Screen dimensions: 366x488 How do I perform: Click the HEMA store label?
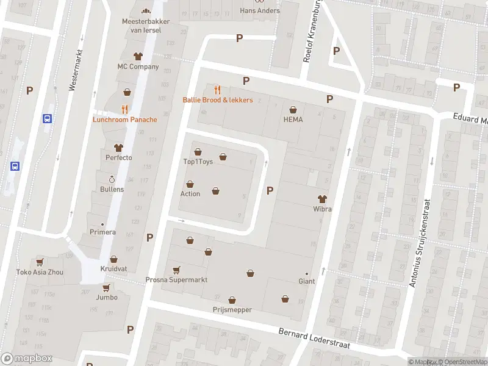(293, 120)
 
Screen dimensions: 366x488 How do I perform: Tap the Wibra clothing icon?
(322, 198)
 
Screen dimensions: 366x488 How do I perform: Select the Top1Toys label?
(198, 162)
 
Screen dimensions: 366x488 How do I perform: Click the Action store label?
(190, 194)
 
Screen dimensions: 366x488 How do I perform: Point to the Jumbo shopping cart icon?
(106, 288)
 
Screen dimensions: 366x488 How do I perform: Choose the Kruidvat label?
(114, 269)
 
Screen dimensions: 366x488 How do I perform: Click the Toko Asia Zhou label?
(40, 272)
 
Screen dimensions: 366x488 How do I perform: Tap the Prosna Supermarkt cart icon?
(176, 270)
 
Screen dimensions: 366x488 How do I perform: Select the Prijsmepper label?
(232, 310)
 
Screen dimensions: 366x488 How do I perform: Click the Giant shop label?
(306, 281)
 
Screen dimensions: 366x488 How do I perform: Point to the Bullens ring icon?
(112, 179)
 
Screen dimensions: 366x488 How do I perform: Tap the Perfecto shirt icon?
(118, 148)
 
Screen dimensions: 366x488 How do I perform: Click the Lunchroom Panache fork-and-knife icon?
(124, 109)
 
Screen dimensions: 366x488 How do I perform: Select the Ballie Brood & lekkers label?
(217, 99)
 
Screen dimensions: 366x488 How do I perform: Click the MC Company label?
(138, 66)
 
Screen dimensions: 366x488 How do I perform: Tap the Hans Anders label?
(260, 10)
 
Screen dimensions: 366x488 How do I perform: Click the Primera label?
(102, 232)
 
